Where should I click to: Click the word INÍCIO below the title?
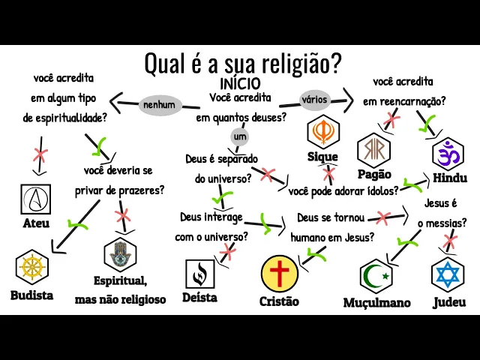[x=240, y=84]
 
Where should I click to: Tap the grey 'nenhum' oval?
[x=158, y=105]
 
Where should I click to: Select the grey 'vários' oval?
[x=316, y=99]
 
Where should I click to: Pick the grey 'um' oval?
[x=240, y=137]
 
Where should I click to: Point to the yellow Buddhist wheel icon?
[x=31, y=268]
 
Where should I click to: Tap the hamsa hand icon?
[x=119, y=255]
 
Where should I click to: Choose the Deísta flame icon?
[x=199, y=274]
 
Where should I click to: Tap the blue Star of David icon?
[x=448, y=274]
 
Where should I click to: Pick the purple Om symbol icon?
[x=448, y=154]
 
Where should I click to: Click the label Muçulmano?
[x=376, y=303]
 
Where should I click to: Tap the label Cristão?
[x=279, y=301]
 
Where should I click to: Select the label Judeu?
[x=449, y=303]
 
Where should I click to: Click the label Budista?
[x=31, y=295]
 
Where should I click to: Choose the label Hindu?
[x=450, y=178]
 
